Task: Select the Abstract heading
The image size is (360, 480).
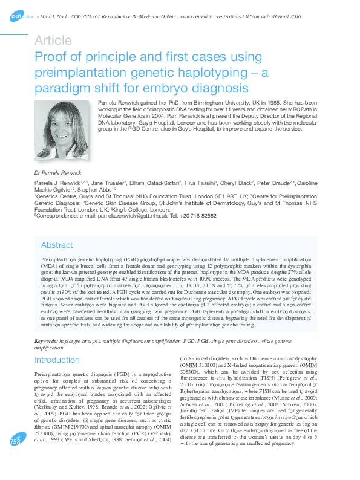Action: coord(57,245)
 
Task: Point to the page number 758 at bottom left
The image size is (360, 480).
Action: coord(15,460)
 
